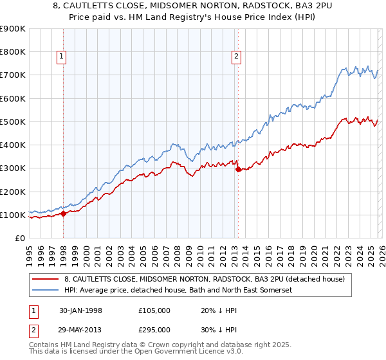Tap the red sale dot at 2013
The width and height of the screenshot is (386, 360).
tap(238, 170)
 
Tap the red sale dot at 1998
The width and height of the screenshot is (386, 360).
tap(64, 214)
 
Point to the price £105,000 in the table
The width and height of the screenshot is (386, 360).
tap(154, 310)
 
